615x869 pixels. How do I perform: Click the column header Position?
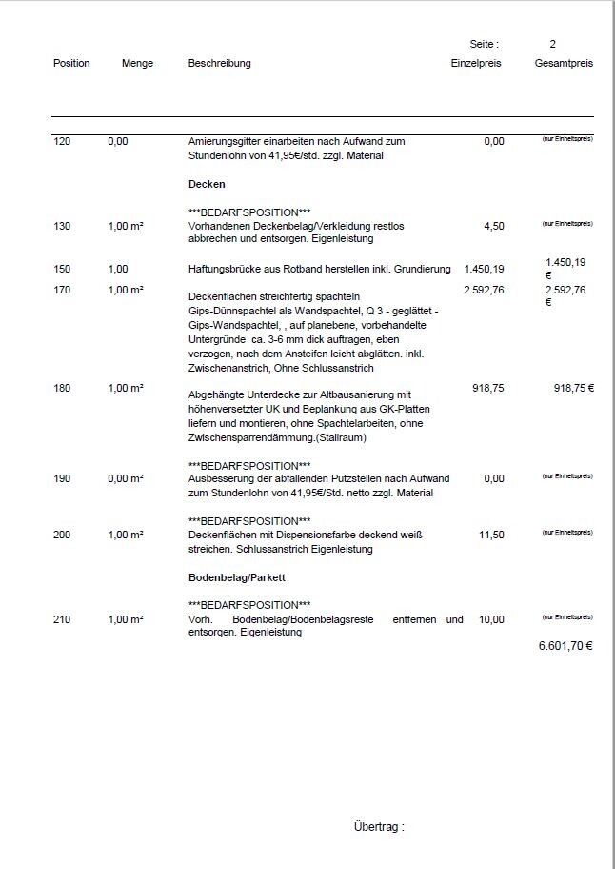(x=71, y=63)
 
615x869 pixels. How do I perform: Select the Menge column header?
(x=137, y=63)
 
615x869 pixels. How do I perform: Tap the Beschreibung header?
(x=219, y=63)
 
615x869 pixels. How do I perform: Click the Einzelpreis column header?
(x=475, y=63)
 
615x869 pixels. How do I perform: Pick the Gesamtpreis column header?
(x=564, y=63)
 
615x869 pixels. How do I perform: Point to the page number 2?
(x=552, y=44)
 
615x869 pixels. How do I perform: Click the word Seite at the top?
(x=484, y=44)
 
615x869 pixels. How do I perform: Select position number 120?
(x=62, y=141)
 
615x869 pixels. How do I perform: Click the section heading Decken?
(x=207, y=184)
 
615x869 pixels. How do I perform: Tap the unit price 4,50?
(x=494, y=226)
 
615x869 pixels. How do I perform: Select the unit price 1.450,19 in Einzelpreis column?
(x=484, y=269)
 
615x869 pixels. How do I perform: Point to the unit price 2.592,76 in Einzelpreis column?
(x=484, y=290)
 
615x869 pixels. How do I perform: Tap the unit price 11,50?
(x=491, y=536)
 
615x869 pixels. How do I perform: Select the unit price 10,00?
(x=491, y=619)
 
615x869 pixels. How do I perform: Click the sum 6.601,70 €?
(x=565, y=646)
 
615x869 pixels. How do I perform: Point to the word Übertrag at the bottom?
(x=378, y=827)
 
